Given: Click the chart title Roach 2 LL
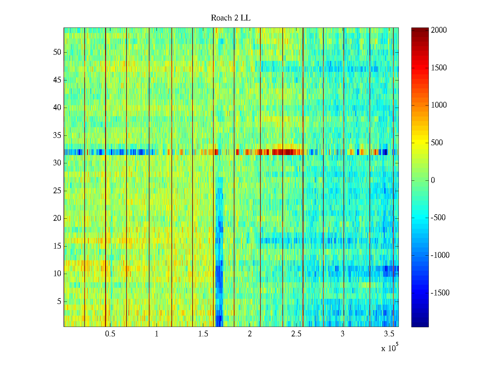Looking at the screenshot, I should coord(230,18).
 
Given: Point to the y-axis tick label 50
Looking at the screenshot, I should coord(57,52).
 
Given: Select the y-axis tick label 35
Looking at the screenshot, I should coord(57,135).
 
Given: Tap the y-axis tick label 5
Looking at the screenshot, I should coord(59,302).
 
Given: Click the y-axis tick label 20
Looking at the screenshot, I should coord(57,218).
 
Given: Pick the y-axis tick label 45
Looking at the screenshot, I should coord(57,80).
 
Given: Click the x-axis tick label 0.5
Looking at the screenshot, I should coord(110,334).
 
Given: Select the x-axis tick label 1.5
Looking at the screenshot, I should coord(203,334).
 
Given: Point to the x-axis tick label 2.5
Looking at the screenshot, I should coord(296,334).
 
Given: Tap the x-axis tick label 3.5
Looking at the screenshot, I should coord(389,334).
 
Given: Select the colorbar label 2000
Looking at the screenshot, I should coord(439,30).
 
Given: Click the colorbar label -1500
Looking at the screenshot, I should coord(440,293).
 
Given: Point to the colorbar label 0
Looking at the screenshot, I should coord(433,180).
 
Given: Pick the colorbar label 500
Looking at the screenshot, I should coord(437,143).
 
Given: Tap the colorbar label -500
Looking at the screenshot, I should coord(438,218).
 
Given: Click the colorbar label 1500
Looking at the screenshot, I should coord(439,68).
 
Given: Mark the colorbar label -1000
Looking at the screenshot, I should coord(440,255).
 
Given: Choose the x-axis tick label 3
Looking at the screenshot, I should coord(343,334).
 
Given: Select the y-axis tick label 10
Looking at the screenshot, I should coord(57,274).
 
